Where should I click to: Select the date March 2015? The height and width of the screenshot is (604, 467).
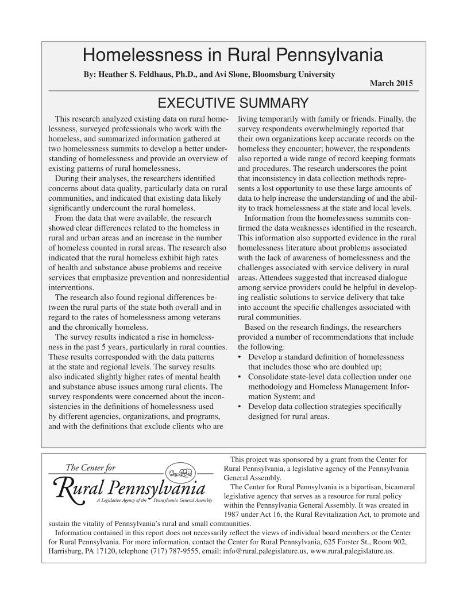391,84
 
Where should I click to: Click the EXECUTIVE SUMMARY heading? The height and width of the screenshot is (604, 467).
233,103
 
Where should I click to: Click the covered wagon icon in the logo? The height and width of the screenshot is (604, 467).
177,474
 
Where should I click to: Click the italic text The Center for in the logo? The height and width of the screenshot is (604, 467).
91,468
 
